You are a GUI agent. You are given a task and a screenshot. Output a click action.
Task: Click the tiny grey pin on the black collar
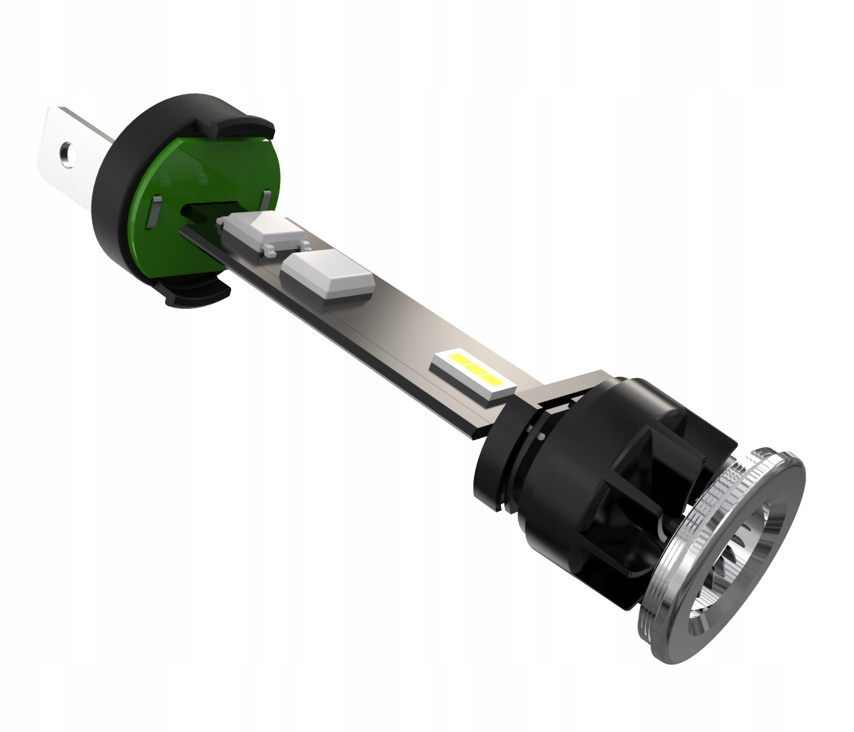[x=542, y=437]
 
